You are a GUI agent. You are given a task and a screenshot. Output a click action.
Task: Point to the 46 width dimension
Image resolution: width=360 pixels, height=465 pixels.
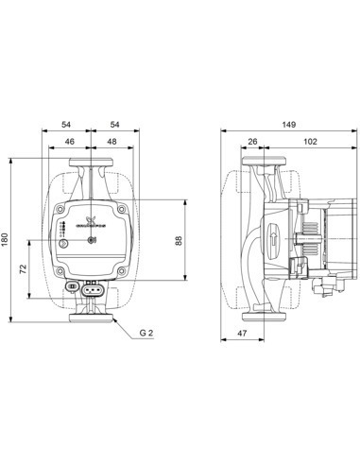pos(68,141)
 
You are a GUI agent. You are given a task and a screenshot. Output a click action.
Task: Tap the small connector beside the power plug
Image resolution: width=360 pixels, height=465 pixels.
pos(72,287)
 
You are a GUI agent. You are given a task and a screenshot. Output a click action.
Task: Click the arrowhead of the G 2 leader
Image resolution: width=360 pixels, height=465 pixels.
pos(115,319)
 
